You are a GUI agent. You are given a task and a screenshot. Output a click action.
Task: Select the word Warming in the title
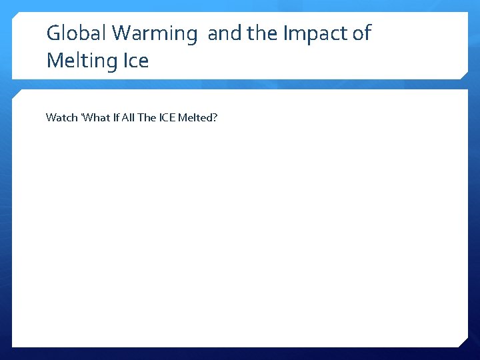[156, 33]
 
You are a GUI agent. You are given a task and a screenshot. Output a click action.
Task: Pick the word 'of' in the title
[361, 33]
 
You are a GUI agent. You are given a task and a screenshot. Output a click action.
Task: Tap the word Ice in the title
[136, 61]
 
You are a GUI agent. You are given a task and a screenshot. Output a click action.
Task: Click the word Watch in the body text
[61, 118]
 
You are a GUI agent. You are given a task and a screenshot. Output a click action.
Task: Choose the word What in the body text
[97, 118]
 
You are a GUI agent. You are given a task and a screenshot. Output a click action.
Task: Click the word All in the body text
[128, 118]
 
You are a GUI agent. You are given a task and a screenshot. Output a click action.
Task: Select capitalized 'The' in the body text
[147, 118]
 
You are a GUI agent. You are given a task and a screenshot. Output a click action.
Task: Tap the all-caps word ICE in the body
[168, 118]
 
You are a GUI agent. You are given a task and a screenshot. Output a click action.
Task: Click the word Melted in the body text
[197, 118]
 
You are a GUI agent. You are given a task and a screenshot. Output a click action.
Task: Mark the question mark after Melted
[215, 118]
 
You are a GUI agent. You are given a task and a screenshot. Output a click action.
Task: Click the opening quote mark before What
[82, 116]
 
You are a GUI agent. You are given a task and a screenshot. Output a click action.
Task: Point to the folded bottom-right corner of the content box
[463, 342]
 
